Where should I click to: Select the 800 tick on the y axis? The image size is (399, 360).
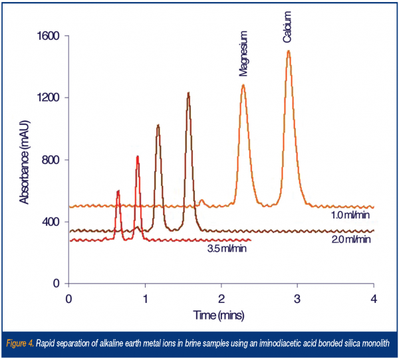[50, 160]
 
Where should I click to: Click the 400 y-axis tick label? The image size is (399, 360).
[50, 222]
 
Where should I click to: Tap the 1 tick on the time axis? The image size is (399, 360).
[145, 297]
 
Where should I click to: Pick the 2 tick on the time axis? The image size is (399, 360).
[221, 297]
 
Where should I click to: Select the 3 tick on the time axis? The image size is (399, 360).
[297, 297]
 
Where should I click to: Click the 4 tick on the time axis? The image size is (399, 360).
[374, 297]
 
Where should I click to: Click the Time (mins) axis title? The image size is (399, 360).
[221, 312]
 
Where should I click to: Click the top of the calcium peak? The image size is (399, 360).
[289, 51]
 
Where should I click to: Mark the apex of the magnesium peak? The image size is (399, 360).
[243, 85]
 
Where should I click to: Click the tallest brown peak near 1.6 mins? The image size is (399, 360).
[188, 94]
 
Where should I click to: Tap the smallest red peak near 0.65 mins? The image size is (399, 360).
[118, 191]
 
